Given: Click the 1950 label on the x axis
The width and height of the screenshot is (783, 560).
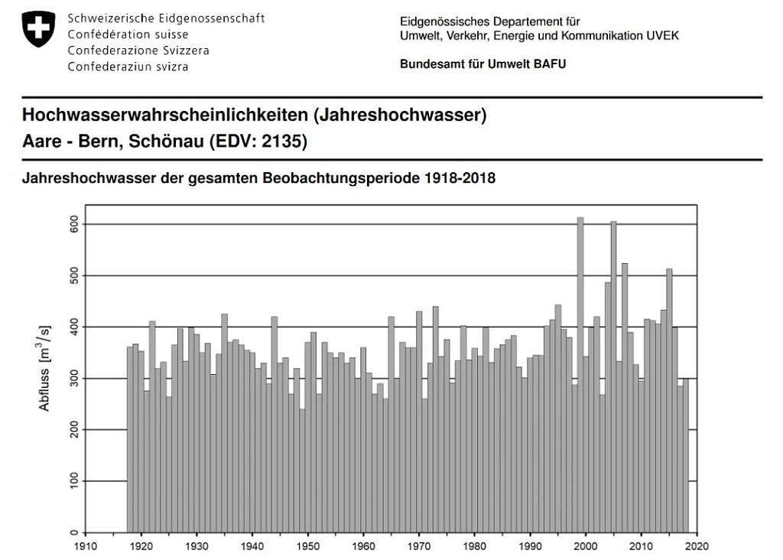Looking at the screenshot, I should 307,547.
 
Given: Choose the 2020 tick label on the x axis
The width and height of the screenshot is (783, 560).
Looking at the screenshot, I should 697,547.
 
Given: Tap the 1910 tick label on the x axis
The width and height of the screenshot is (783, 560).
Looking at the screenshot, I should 86,547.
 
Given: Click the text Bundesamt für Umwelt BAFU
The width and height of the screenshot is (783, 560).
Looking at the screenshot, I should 482,64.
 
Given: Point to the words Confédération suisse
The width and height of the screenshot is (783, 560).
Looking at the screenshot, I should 128,34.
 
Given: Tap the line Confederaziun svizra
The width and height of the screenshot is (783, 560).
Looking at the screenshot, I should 128,67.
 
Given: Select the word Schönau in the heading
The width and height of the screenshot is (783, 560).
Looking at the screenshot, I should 162,142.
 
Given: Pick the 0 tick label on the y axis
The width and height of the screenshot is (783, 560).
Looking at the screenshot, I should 73,532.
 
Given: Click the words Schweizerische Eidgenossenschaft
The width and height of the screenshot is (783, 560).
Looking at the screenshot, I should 166,18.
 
